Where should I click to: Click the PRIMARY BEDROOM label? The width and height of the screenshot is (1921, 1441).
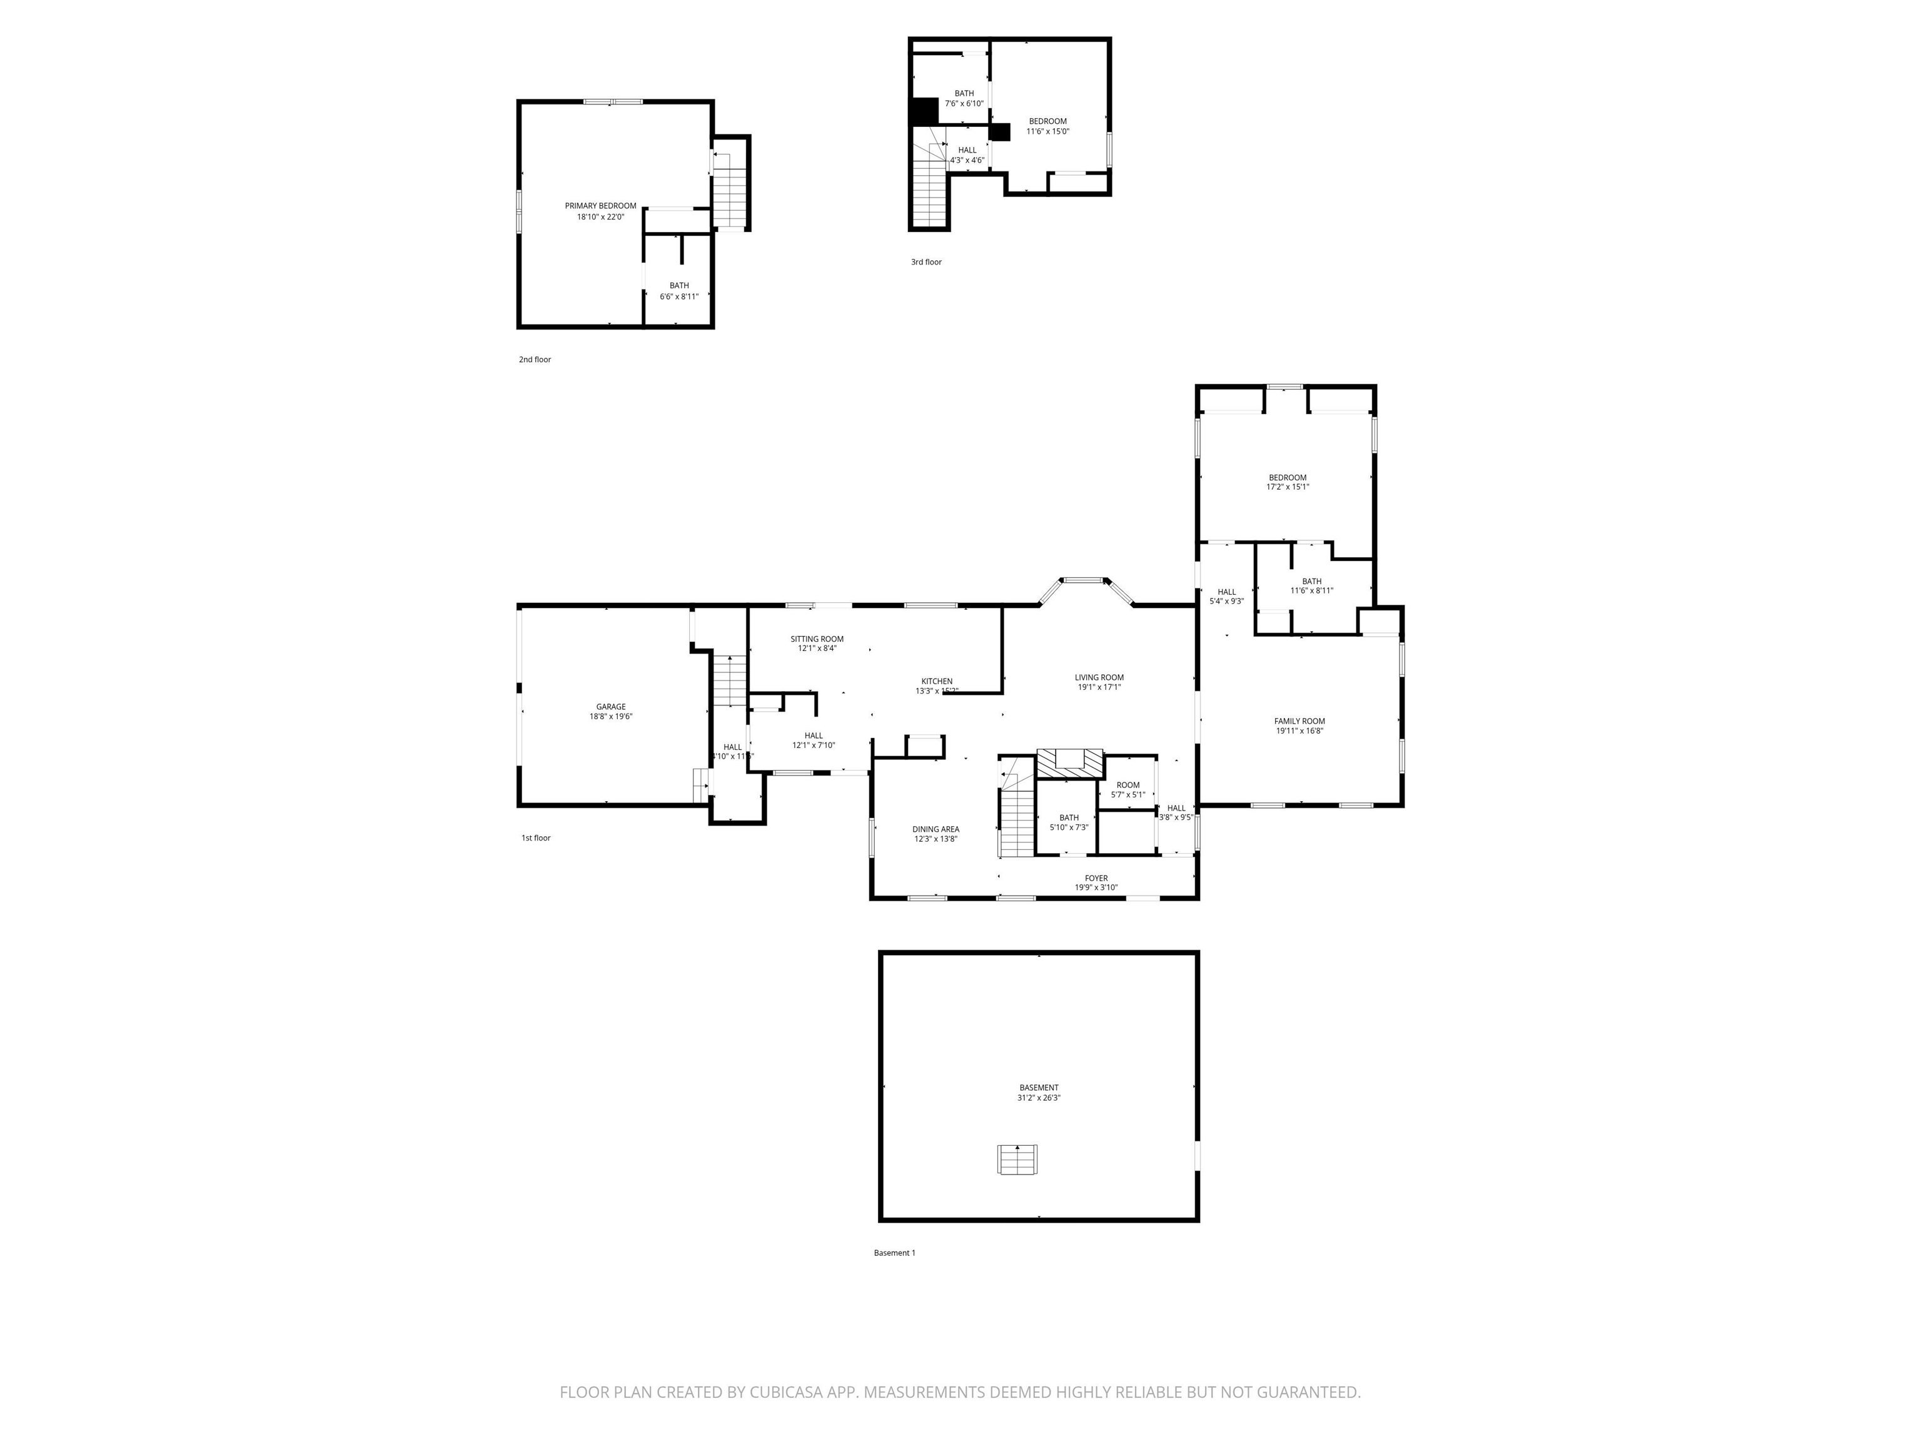pyautogui.click(x=600, y=206)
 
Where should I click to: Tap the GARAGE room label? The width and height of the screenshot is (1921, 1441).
pyautogui.click(x=610, y=707)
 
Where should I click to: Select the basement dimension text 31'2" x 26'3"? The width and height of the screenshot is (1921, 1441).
pyautogui.click(x=1039, y=1098)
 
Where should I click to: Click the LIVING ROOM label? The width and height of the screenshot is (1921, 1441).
pyautogui.click(x=1099, y=677)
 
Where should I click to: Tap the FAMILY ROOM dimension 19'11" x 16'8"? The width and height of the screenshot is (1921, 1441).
pyautogui.click(x=1299, y=731)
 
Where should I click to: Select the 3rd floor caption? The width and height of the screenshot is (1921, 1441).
pyautogui.click(x=925, y=262)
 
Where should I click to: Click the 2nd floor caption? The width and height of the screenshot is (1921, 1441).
pyautogui.click(x=535, y=360)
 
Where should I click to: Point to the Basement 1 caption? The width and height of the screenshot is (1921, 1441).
pyautogui.click(x=894, y=1253)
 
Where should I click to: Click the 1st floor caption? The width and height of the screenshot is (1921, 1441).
pyautogui.click(x=536, y=838)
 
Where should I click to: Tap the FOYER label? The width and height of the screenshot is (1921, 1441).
pyautogui.click(x=1096, y=878)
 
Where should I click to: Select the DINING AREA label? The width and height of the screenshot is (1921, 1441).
pyautogui.click(x=935, y=829)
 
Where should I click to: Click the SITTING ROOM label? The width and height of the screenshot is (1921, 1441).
pyautogui.click(x=816, y=639)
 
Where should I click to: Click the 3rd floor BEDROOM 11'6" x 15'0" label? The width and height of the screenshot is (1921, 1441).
pyautogui.click(x=1047, y=121)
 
